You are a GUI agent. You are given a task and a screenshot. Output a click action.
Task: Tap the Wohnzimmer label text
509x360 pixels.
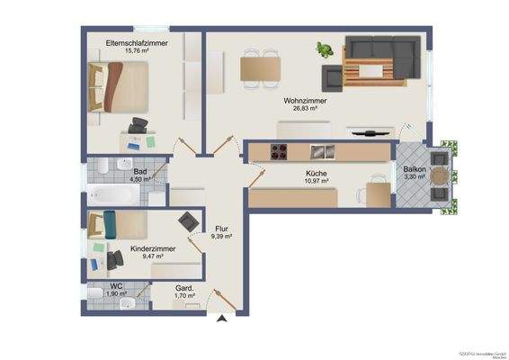[x=305, y=102]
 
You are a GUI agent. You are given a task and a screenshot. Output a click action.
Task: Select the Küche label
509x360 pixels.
[x=316, y=173]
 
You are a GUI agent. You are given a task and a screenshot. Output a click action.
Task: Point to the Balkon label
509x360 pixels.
[x=415, y=169]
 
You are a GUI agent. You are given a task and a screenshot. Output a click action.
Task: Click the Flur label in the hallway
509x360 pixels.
[x=221, y=228]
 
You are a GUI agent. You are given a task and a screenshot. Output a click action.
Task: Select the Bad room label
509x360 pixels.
[x=140, y=171]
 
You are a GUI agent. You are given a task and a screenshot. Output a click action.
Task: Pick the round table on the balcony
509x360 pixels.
[x=438, y=176]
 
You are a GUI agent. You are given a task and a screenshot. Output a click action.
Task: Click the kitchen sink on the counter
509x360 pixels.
[x=321, y=150]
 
